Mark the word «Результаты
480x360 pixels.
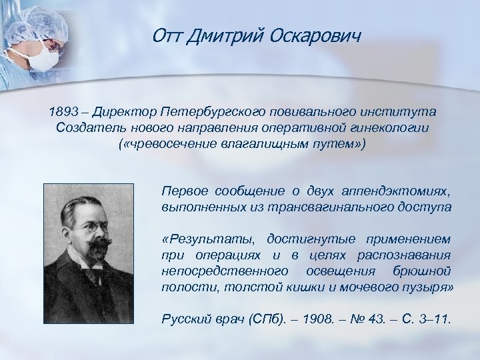pyautogui.click(x=208, y=239)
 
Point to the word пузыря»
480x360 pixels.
pyautogui.click(x=429, y=287)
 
